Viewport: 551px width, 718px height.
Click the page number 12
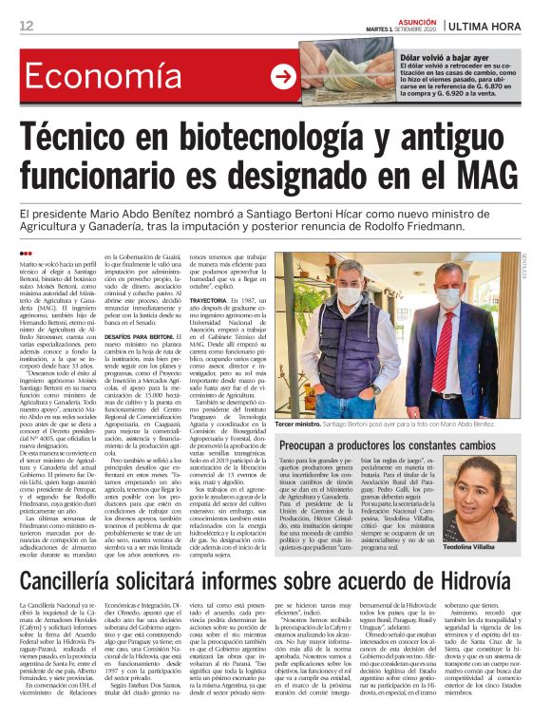[25, 26]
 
